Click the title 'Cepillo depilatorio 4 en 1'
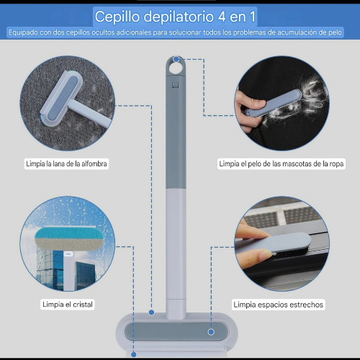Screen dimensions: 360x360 coord(175,17)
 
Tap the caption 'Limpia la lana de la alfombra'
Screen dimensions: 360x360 coord(66,163)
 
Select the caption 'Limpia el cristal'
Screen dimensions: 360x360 coord(68,305)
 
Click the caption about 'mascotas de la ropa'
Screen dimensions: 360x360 coord(282,163)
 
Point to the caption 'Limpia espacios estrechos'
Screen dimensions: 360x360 coord(279,305)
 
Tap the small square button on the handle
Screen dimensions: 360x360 coord(176,85)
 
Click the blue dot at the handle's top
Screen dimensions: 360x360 coord(176,59)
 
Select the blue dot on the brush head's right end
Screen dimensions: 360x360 coord(211,332)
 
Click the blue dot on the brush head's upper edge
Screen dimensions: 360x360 coord(151,312)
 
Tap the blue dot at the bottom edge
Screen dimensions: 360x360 coord(134,354)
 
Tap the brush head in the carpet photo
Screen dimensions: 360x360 coord(62,98)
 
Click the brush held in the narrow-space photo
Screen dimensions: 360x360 coord(274,244)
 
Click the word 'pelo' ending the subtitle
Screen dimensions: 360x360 coord(335,32)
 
